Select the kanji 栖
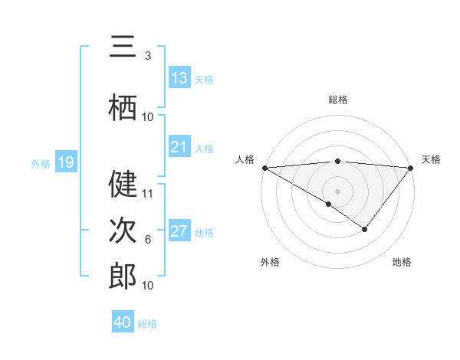pyautogui.click(x=123, y=107)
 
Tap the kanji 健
pyautogui.click(x=123, y=185)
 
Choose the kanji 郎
pyautogui.click(x=123, y=276)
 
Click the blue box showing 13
pyautogui.click(x=179, y=78)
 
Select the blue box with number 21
pyautogui.click(x=179, y=147)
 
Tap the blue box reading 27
pyautogui.click(x=179, y=231)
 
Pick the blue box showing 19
pyautogui.click(x=66, y=162)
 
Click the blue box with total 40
pyautogui.click(x=123, y=322)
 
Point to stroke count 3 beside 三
pyautogui.click(x=148, y=56)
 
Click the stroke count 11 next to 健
pyautogui.click(x=148, y=193)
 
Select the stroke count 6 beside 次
pyautogui.click(x=148, y=239)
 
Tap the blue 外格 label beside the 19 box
pyautogui.click(x=41, y=163)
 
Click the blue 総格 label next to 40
pyautogui.click(x=147, y=323)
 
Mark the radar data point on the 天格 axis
pyautogui.click(x=411, y=168)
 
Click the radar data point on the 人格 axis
pyautogui.click(x=264, y=168)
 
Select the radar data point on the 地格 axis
pyautogui.click(x=365, y=229)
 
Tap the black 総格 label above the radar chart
pyautogui.click(x=337, y=100)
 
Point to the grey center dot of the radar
pyautogui.click(x=337, y=191)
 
